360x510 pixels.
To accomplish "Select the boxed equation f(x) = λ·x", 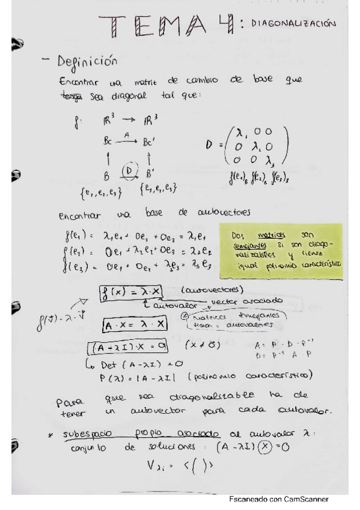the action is pos(130,290).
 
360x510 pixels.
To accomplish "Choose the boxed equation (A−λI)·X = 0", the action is pos(129,347).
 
